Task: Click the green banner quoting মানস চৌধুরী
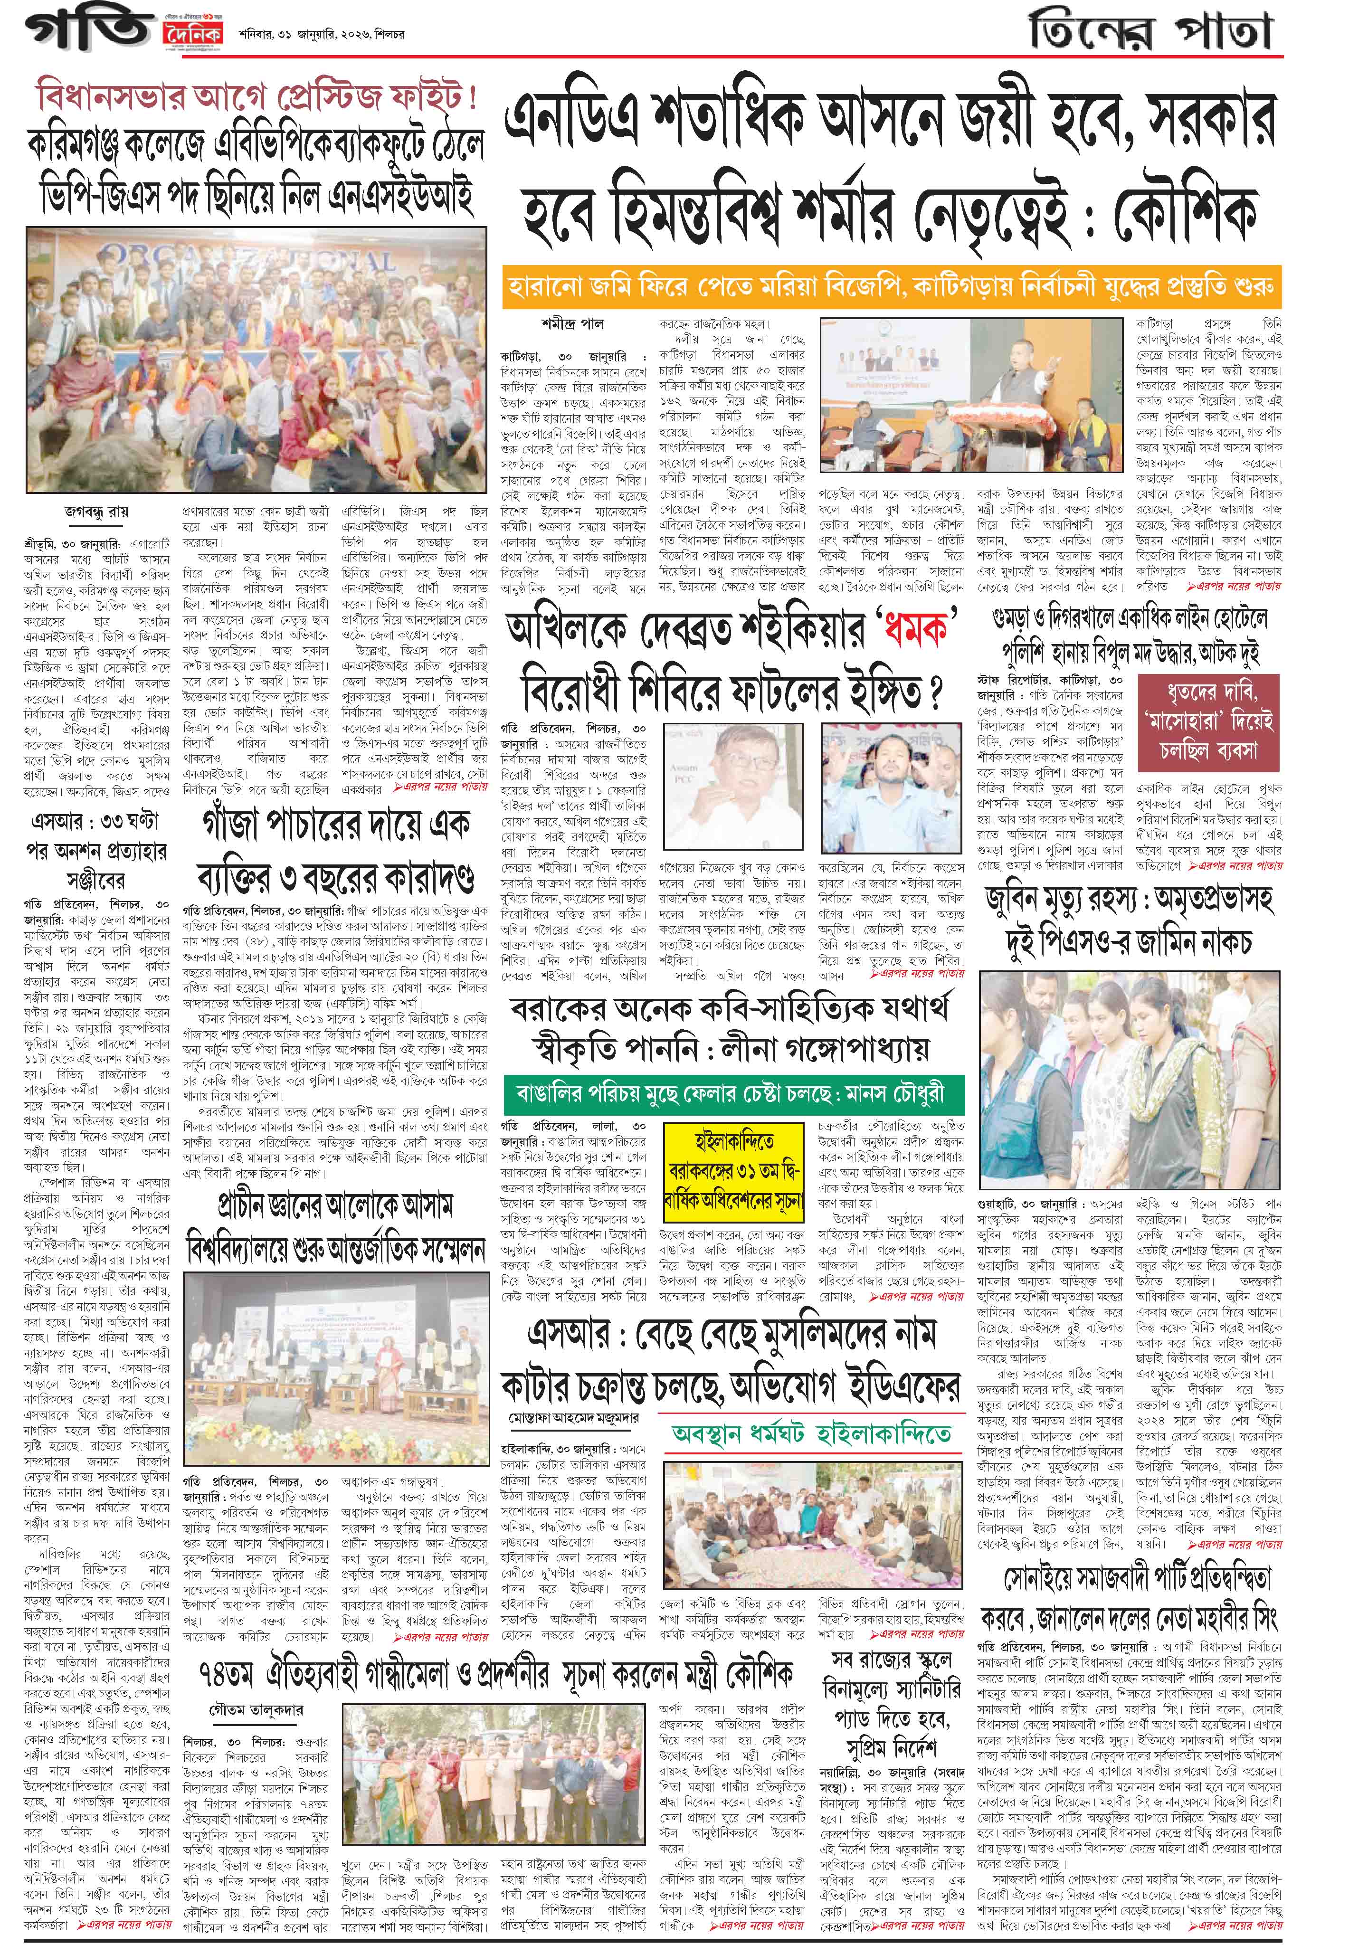point(734,1092)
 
